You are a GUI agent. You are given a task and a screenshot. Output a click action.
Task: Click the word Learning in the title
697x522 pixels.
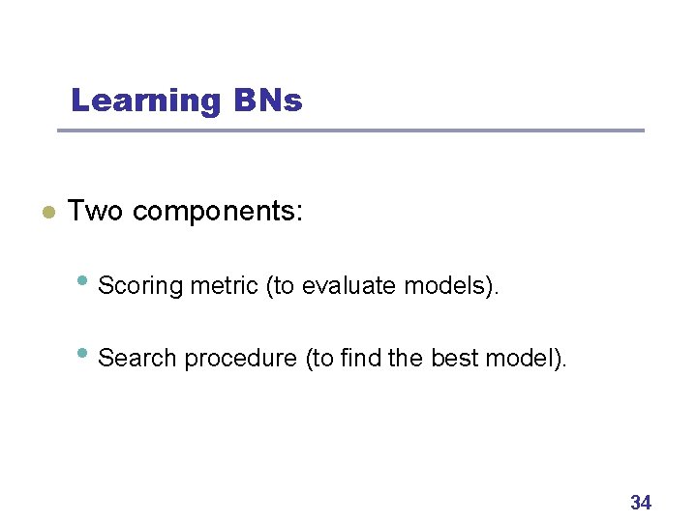click(x=146, y=101)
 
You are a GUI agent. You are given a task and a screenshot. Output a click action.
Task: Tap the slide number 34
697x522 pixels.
click(x=641, y=502)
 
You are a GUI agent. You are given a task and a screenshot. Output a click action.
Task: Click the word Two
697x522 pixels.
click(x=95, y=211)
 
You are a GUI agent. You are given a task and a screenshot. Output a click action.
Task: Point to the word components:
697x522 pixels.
click(x=218, y=212)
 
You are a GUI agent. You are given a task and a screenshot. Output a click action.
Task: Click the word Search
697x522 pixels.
click(x=138, y=358)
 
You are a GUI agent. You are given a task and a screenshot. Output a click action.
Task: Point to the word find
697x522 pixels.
click(x=361, y=358)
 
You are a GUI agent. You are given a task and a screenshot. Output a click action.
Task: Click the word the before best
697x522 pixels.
click(x=406, y=358)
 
